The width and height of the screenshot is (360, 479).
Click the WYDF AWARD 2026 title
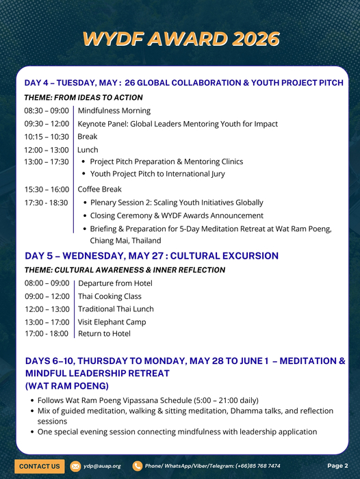181,39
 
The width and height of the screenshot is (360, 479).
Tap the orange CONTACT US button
39,466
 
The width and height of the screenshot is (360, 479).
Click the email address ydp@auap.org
102,466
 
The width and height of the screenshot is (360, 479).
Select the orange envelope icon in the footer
76,466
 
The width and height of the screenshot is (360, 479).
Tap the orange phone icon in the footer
138,466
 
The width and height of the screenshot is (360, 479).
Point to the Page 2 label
337,465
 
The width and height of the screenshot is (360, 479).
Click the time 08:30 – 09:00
47,111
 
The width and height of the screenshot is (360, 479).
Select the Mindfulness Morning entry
114,111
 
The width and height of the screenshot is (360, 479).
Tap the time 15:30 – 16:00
47,189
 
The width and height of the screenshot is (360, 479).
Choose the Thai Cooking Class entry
110,296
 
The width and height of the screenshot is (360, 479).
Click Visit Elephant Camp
112,322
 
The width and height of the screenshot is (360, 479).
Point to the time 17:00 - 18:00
47,334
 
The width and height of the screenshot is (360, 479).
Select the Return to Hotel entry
105,334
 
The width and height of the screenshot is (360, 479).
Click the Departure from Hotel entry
116,283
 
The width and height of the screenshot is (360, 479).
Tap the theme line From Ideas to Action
83,98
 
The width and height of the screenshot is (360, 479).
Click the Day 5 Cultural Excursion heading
152,256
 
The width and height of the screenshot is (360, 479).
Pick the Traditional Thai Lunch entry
116,309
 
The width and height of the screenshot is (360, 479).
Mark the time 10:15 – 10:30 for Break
47,137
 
